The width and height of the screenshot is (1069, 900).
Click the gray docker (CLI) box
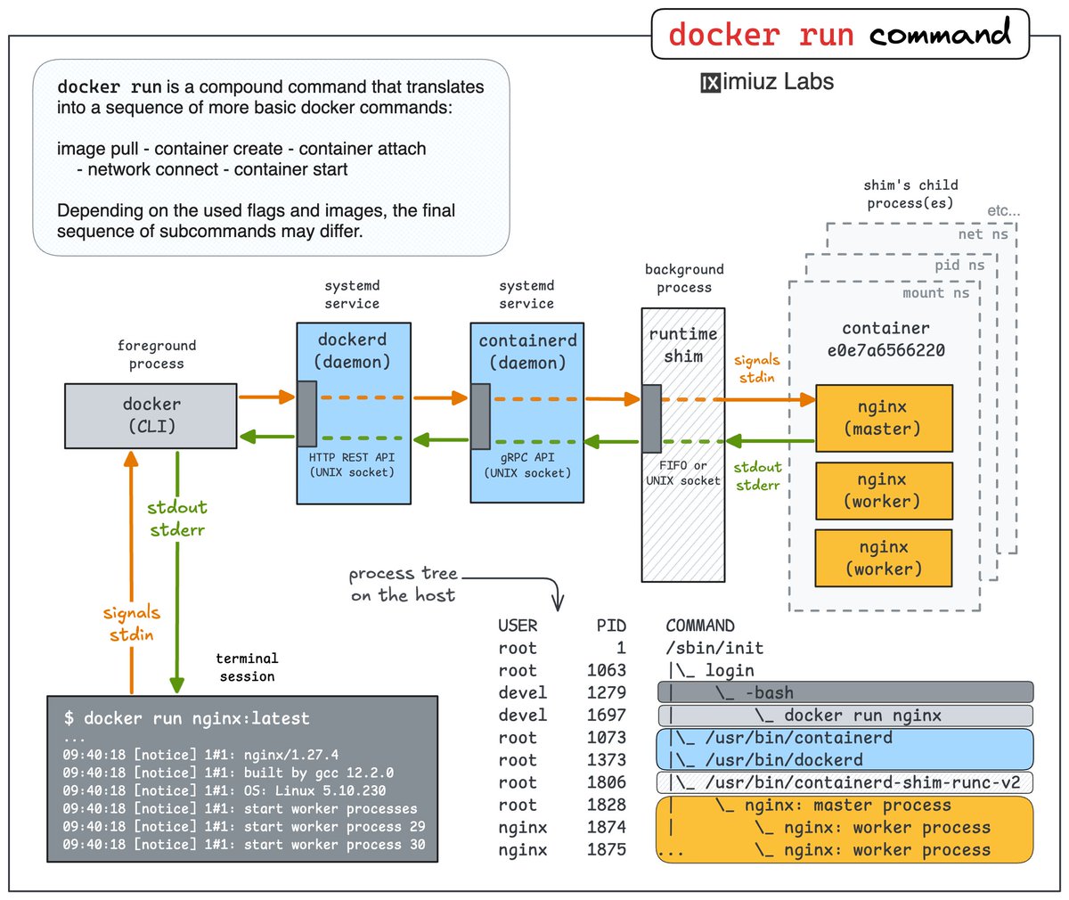[151, 415]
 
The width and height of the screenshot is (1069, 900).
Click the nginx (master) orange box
[884, 418]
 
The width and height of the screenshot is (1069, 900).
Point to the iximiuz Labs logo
[767, 83]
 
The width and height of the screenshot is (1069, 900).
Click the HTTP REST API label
[352, 457]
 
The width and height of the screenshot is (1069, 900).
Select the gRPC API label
[526, 457]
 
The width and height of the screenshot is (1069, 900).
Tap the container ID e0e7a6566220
[885, 350]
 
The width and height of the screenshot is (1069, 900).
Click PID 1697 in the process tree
[607, 716]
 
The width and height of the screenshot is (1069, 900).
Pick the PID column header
[611, 626]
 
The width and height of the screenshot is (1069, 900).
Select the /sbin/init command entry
[714, 648]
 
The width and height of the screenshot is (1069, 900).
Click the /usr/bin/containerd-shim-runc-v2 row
[845, 783]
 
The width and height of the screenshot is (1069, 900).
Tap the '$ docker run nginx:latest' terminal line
[187, 718]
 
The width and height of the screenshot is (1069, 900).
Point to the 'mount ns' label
[935, 293]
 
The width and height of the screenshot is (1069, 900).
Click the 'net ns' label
[983, 234]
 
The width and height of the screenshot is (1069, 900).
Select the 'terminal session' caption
[247, 667]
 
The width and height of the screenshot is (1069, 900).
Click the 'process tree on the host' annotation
[404, 585]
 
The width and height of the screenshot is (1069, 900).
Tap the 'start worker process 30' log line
[243, 845]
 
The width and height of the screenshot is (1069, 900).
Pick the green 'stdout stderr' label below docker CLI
[177, 519]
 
